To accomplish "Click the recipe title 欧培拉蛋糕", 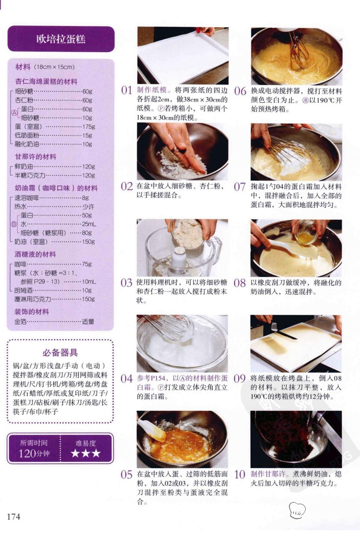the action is (x=61, y=39).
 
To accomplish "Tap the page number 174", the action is (x=14, y=517).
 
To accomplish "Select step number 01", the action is (x=126, y=90).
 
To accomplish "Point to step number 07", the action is (x=240, y=187).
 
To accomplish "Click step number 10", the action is (x=240, y=475).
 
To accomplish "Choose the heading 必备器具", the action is (x=60, y=352).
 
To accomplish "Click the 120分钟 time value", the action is (x=34, y=454).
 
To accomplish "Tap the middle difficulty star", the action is (x=86, y=453).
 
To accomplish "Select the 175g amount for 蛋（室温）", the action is (x=88, y=126).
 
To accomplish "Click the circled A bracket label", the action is (x=14, y=113).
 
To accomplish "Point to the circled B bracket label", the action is (x=14, y=224).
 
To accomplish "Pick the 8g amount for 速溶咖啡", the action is (x=85, y=198).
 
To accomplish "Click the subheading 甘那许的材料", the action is (x=36, y=157).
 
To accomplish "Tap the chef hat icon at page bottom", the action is (x=297, y=510).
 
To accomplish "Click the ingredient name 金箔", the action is (x=21, y=321).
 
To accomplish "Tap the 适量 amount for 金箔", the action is (x=88, y=321).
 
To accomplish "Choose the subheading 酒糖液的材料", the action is (x=35, y=254).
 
